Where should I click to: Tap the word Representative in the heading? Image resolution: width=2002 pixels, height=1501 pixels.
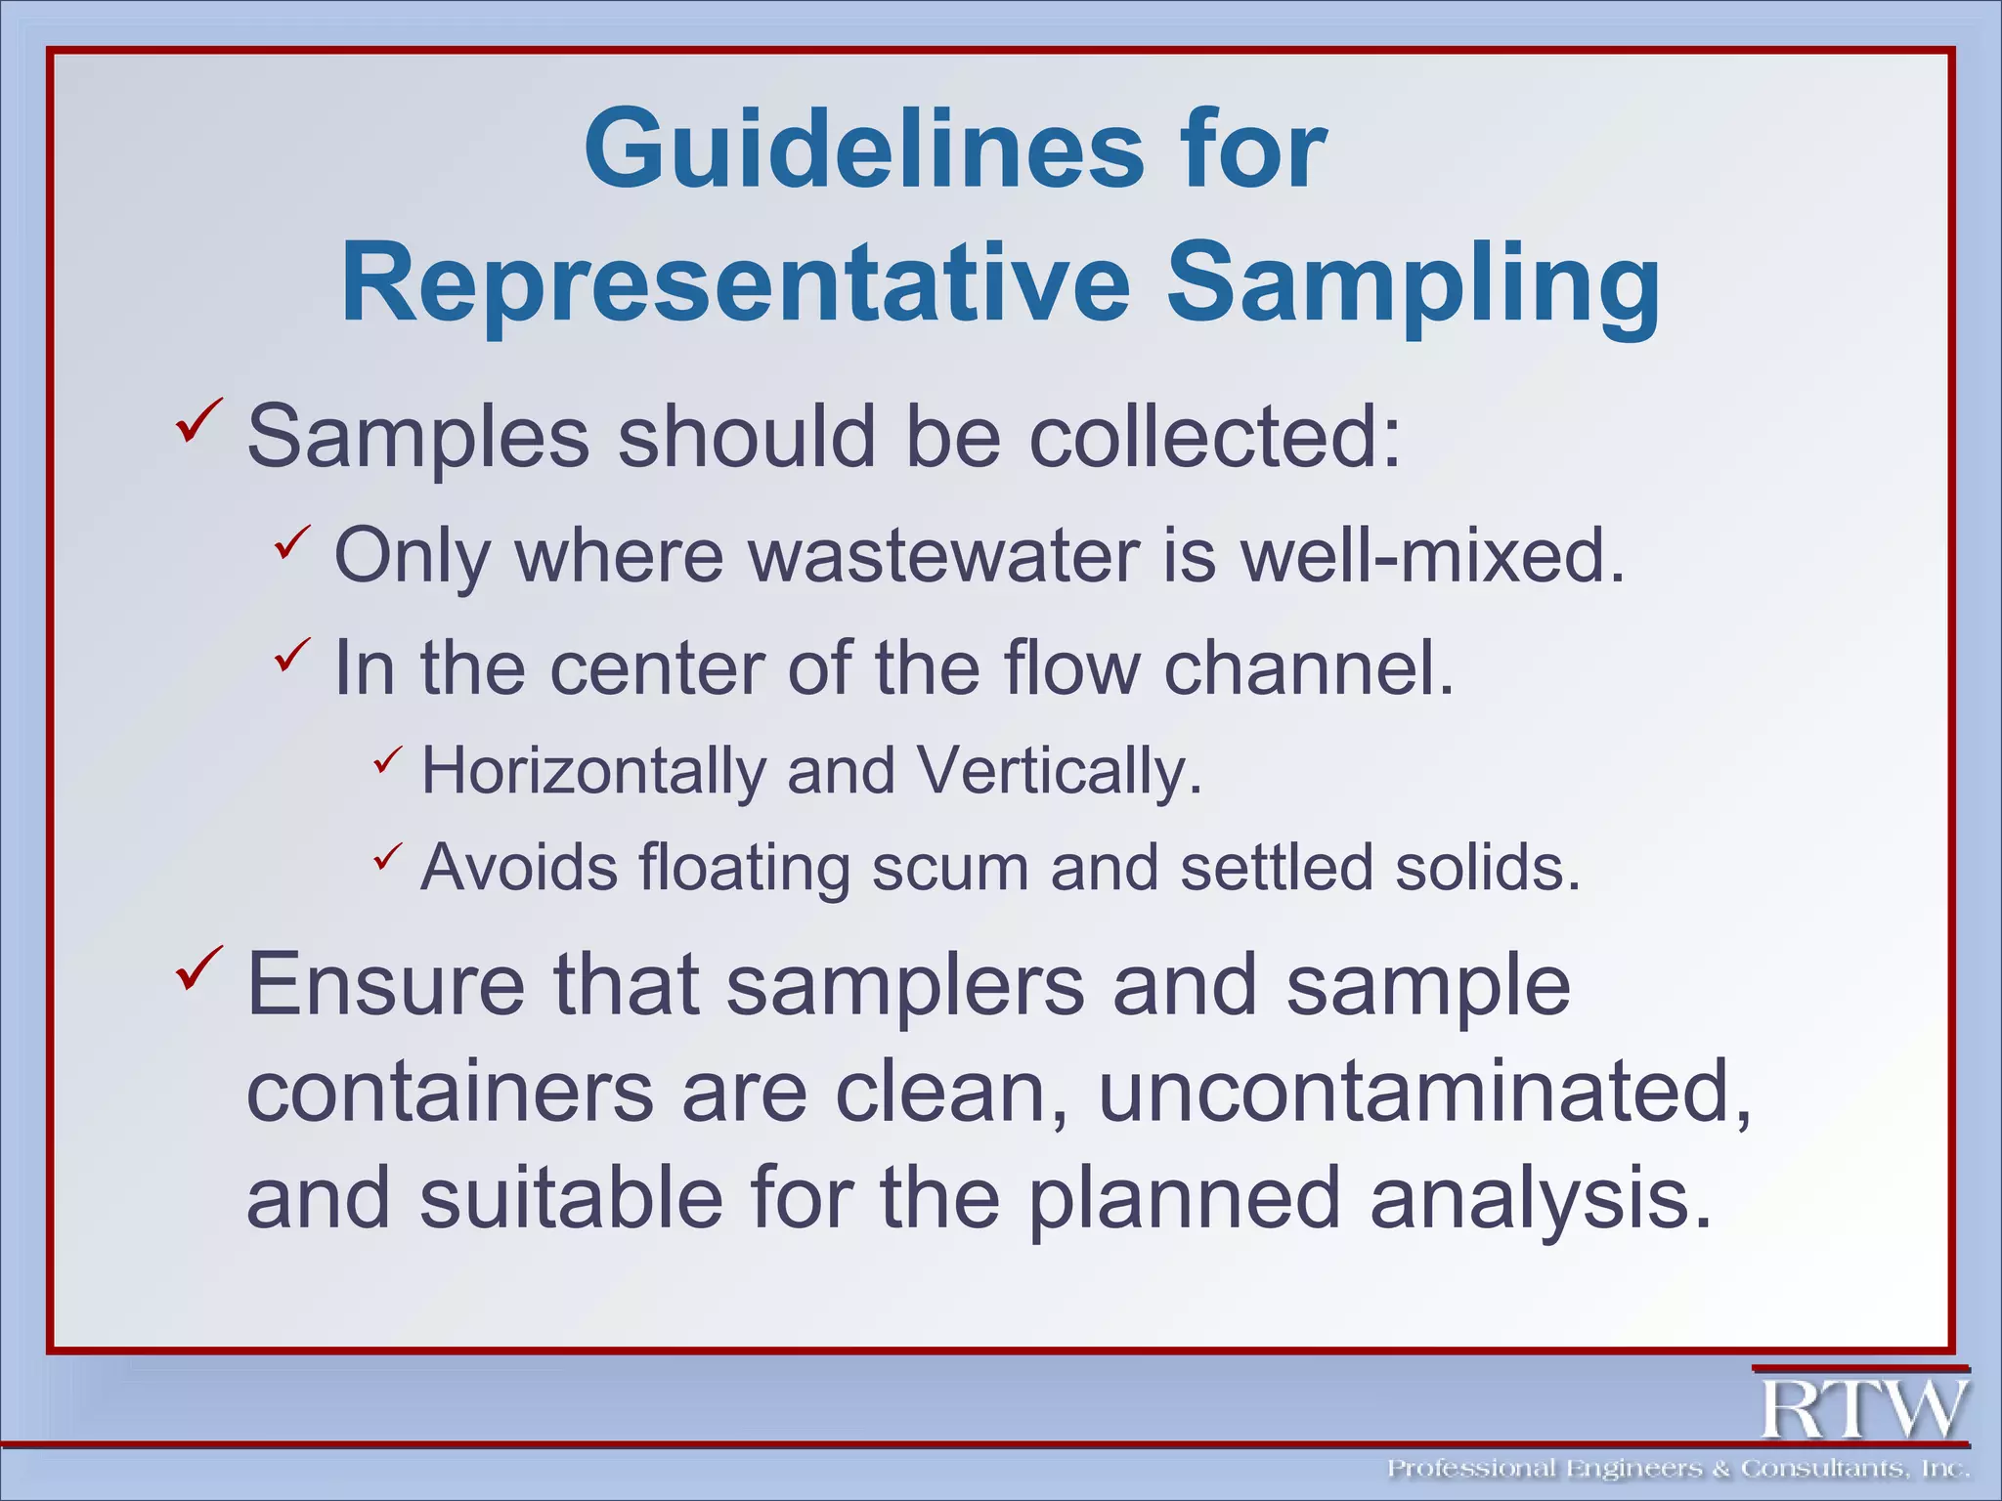click(x=735, y=283)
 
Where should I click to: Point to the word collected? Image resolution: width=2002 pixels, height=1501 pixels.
click(x=1215, y=437)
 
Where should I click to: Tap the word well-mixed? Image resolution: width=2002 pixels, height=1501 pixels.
click(x=1432, y=555)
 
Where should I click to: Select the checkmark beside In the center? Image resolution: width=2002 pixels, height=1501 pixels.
click(x=291, y=653)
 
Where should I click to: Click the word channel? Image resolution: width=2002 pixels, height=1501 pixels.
click(x=1308, y=668)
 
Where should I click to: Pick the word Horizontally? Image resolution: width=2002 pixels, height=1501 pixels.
click(x=593, y=771)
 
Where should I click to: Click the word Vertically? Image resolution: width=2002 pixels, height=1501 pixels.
click(x=1060, y=771)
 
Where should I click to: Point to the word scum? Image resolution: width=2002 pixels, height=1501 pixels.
click(x=949, y=867)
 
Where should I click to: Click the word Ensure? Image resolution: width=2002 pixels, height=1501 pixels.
click(x=385, y=985)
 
